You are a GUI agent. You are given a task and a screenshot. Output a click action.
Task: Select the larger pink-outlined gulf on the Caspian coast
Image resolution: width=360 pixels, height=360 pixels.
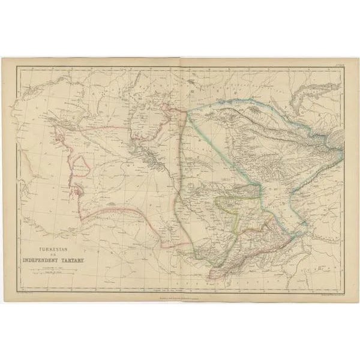click(x=79, y=193)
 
